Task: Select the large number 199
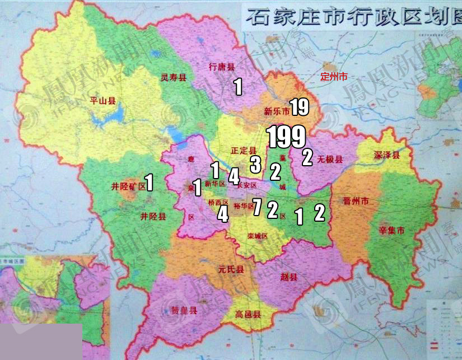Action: pos(286,137)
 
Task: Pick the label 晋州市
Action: pos(356,202)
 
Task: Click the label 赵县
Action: pos(290,277)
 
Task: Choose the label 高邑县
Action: pos(248,315)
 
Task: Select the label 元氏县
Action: pos(231,270)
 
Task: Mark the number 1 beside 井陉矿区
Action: pos(150,183)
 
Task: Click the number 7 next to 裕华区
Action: pos(257,207)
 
